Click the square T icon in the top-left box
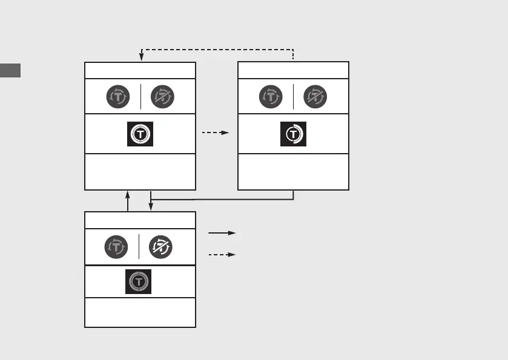point(140,134)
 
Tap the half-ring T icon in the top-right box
point(293,134)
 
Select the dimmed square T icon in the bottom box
point(139,282)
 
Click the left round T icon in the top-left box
point(118,96)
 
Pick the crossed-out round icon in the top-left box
point(162,96)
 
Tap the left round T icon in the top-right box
point(271,96)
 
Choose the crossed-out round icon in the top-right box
point(315,96)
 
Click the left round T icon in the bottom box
point(117,246)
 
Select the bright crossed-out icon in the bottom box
point(162,246)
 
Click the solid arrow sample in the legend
point(222,233)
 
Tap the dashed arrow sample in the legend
point(222,255)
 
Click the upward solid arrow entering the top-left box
point(128,200)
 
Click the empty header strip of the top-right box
point(293,70)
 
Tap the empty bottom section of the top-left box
point(140,172)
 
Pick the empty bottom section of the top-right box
point(293,172)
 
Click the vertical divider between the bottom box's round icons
point(139,246)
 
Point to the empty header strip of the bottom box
point(140,220)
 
